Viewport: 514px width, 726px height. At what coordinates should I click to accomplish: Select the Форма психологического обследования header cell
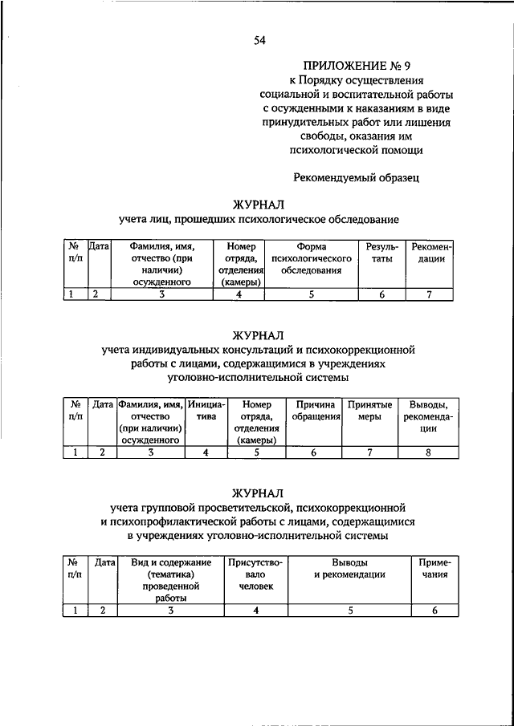[312, 259]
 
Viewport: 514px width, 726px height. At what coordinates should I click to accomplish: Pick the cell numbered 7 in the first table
[430, 294]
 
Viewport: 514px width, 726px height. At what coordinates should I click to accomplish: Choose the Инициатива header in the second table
[206, 411]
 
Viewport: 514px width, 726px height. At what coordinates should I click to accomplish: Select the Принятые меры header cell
[370, 411]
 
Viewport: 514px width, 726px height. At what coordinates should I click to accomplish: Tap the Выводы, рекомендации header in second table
[429, 416]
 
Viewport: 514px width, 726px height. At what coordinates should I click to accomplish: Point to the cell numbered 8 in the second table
[429, 452]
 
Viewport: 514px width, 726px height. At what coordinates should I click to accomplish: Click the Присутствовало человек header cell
[255, 574]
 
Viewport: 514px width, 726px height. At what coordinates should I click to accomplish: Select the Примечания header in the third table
[435, 569]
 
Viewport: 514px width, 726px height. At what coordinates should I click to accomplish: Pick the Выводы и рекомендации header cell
[349, 569]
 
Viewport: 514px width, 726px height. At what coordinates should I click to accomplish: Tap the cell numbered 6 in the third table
[434, 610]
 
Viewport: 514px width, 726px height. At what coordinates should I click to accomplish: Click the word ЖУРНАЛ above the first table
[259, 205]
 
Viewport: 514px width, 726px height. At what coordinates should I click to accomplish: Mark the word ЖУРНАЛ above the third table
[259, 491]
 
